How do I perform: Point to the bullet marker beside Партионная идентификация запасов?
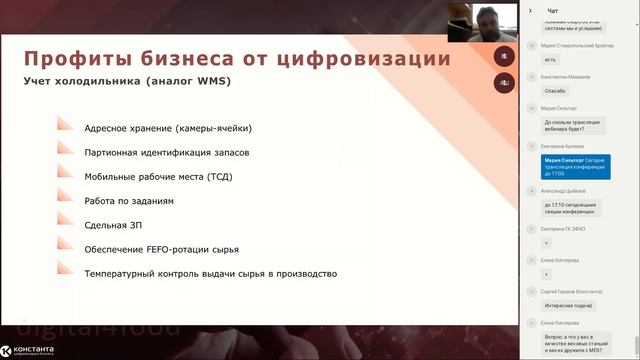click(66, 152)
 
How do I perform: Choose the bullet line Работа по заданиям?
click(129, 201)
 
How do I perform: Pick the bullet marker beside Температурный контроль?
click(66, 273)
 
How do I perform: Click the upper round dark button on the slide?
click(504, 56)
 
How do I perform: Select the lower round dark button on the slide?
click(504, 84)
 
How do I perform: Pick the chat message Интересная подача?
click(569, 307)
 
